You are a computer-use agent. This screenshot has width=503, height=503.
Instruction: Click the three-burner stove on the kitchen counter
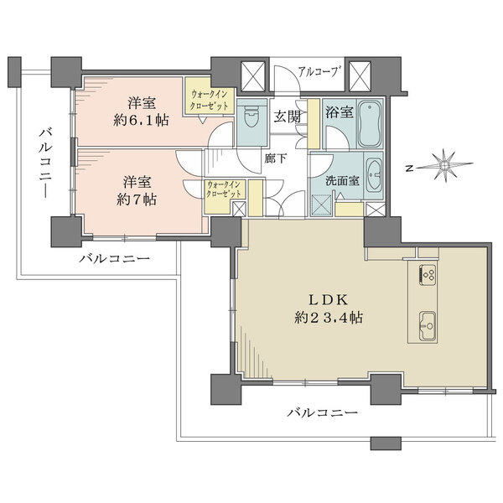(x=425, y=277)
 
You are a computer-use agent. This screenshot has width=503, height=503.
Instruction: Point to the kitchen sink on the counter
(x=425, y=320)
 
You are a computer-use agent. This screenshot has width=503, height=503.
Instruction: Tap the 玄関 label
(x=287, y=117)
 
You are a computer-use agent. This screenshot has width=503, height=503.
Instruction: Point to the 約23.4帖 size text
(x=329, y=318)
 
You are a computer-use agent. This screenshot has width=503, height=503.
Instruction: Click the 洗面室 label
(x=337, y=180)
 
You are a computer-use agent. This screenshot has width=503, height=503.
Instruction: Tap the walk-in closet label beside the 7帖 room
(x=223, y=189)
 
